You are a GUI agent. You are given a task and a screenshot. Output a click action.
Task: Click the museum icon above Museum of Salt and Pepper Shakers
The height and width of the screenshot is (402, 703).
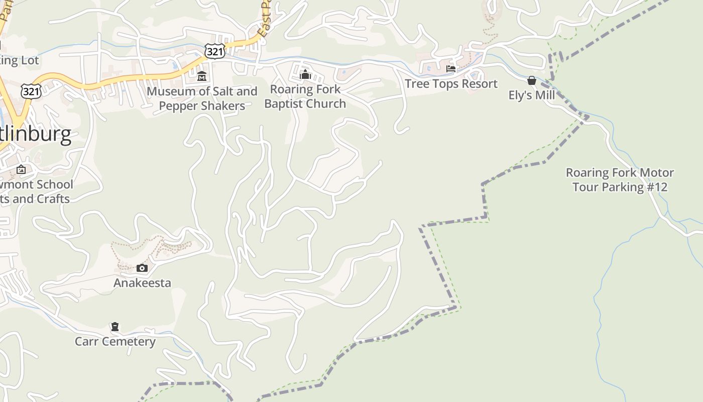pos(202,76)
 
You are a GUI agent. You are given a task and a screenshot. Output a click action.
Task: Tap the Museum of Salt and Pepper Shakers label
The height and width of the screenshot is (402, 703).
pos(202,98)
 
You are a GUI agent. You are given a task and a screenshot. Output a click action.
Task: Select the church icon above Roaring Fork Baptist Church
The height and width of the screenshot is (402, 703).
pos(305,74)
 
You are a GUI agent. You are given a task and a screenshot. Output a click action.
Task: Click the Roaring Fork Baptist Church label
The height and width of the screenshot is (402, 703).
pos(305,96)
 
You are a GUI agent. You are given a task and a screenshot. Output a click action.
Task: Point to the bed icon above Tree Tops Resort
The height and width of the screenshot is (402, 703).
pos(451,69)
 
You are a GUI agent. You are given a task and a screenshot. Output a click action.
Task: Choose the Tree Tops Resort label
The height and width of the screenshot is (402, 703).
pos(451,83)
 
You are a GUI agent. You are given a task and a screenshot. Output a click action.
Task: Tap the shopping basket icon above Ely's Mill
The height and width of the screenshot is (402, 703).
pos(531,80)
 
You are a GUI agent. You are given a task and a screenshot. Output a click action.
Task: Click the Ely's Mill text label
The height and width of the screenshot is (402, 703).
pos(531,95)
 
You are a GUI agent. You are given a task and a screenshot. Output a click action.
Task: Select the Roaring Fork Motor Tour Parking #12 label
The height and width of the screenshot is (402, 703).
pos(620,180)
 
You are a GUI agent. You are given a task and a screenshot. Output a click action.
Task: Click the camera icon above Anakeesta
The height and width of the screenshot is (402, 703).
pos(142,268)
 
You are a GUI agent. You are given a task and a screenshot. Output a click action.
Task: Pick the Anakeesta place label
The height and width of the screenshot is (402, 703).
pos(142,283)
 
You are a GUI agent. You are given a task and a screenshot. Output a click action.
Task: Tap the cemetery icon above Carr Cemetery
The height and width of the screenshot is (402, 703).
pos(115,327)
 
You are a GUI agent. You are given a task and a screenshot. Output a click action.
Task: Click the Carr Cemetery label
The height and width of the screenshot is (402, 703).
pos(115,342)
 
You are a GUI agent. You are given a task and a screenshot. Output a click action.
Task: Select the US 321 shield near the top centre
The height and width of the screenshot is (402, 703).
pos(214,51)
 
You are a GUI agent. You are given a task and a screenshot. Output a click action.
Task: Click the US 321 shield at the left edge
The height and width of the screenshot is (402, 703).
pos(31,91)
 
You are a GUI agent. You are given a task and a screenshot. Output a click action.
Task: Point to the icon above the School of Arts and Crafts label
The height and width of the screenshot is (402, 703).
pos(21,169)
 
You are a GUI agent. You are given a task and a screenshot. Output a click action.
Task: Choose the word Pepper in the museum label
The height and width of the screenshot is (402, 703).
pos(181,106)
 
